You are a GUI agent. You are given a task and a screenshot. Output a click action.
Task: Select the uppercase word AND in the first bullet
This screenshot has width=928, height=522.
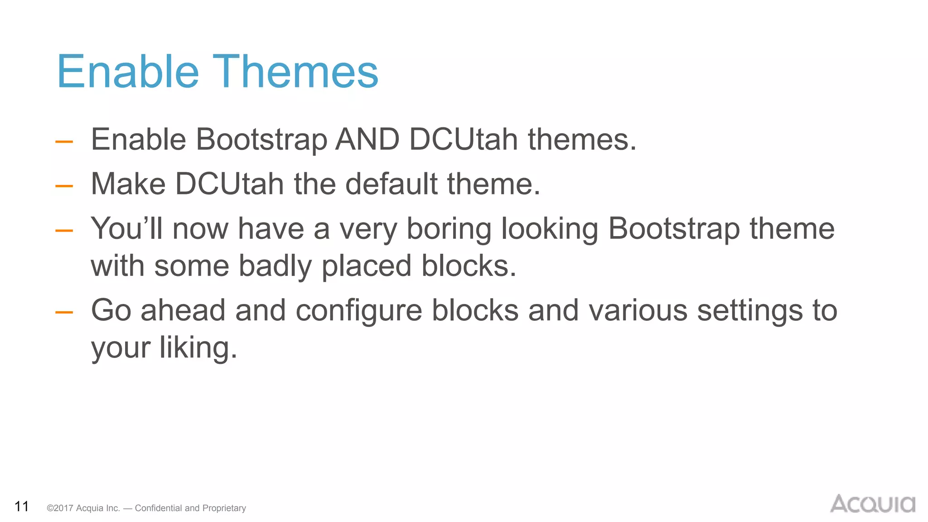point(367,139)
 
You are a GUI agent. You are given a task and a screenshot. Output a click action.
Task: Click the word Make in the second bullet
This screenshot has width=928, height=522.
point(128,184)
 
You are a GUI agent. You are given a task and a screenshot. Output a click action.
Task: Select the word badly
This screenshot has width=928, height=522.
point(275,266)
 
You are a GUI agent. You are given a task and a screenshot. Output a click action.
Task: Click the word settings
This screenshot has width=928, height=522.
point(749,311)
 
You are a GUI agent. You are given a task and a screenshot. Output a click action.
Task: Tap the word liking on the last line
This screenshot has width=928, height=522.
point(198,348)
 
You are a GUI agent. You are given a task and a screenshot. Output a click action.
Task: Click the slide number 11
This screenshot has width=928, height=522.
point(22,506)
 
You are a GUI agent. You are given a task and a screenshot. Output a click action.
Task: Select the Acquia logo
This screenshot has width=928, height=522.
point(872,504)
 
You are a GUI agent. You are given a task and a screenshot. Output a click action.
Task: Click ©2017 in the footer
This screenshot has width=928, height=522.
point(60,508)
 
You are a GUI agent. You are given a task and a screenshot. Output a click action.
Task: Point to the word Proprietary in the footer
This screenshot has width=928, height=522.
point(224,508)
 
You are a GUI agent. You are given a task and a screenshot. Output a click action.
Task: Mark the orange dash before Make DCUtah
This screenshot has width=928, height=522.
point(64,186)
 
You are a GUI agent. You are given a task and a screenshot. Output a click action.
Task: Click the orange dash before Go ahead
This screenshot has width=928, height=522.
point(64,312)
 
